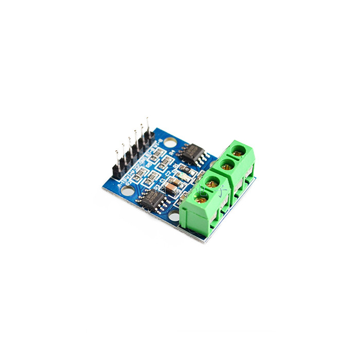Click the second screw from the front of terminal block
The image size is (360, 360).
click(x=210, y=182)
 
